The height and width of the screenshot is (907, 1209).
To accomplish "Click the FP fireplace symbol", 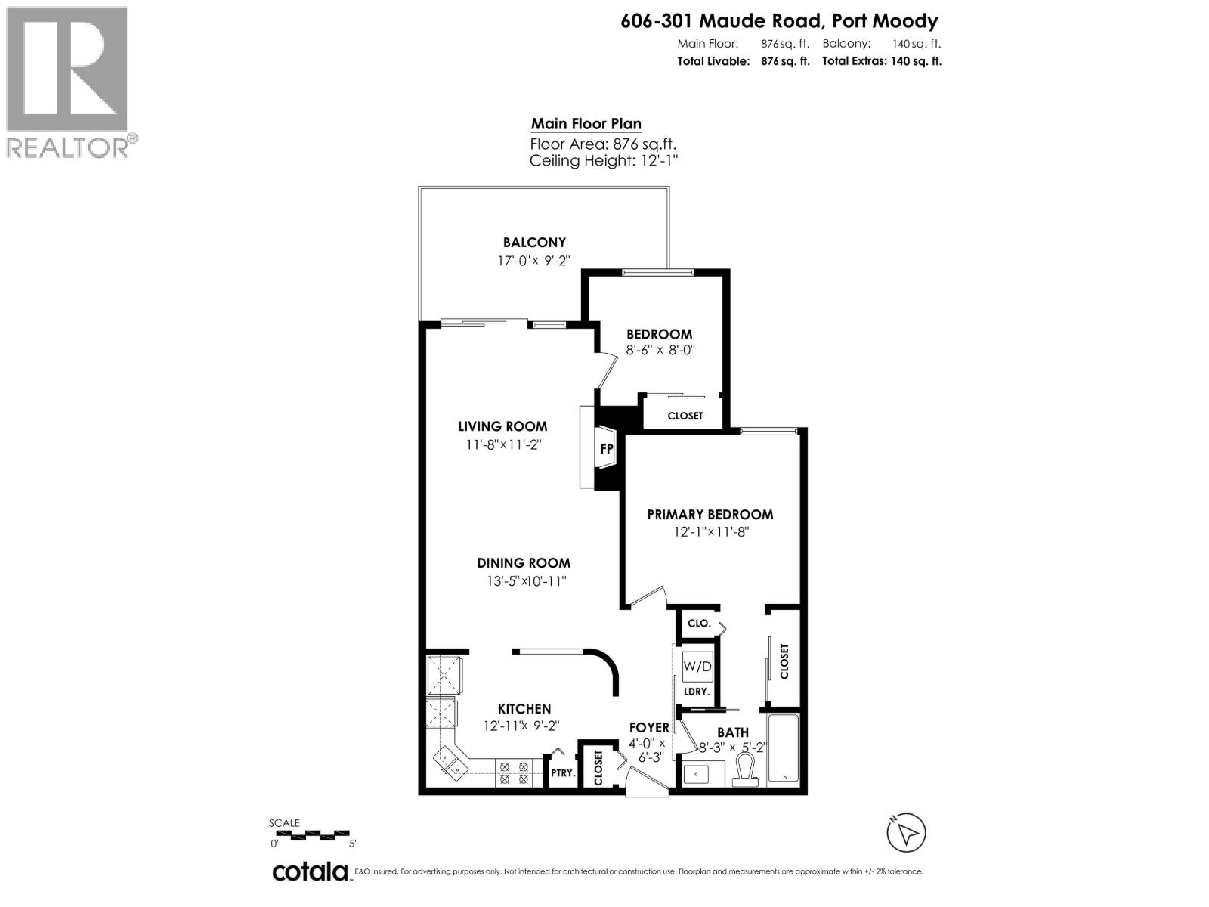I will coord(606,449).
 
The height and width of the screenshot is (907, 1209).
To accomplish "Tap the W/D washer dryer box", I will coord(697,666).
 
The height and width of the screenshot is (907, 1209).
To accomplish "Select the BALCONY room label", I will coord(534,243).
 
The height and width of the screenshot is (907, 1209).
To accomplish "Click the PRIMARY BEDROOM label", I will coord(710,515).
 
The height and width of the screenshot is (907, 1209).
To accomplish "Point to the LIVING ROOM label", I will coord(502,426).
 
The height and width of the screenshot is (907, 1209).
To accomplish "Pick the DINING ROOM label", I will coord(523,563).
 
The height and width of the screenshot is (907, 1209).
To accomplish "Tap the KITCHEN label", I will coord(524,709).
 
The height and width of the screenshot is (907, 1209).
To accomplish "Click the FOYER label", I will coord(649,728).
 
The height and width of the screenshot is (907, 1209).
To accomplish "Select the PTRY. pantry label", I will coord(562,773).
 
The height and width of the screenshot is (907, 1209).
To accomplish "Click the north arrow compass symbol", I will coord(906,834).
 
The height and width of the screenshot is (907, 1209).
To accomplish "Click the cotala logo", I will coord(310,871).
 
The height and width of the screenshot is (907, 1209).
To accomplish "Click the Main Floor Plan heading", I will coord(586,124).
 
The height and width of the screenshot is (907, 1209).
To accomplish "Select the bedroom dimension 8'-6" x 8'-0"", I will coord(660,351).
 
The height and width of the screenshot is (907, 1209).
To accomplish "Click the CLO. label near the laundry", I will coord(698,624).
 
